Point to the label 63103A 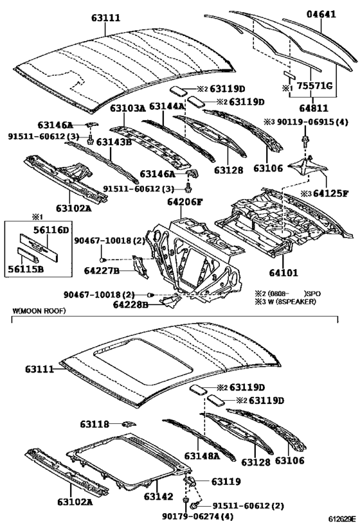point(127,109)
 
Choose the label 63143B point(114,142)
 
